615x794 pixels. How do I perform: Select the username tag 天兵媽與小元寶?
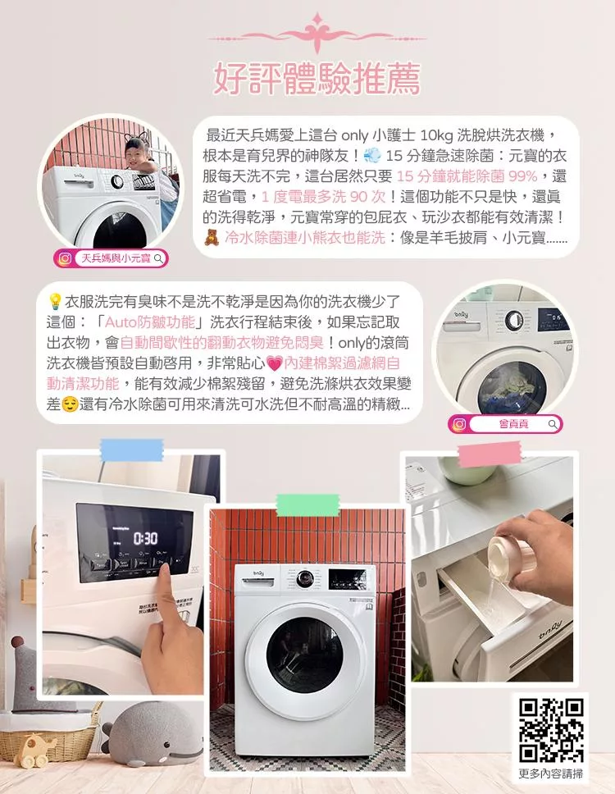pyautogui.click(x=112, y=259)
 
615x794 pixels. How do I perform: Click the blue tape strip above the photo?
pyautogui.click(x=131, y=449)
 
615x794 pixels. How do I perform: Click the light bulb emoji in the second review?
pyautogui.click(x=55, y=300)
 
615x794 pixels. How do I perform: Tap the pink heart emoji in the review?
pyautogui.click(x=273, y=363)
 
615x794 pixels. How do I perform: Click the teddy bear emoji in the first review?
pyautogui.click(x=212, y=238)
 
